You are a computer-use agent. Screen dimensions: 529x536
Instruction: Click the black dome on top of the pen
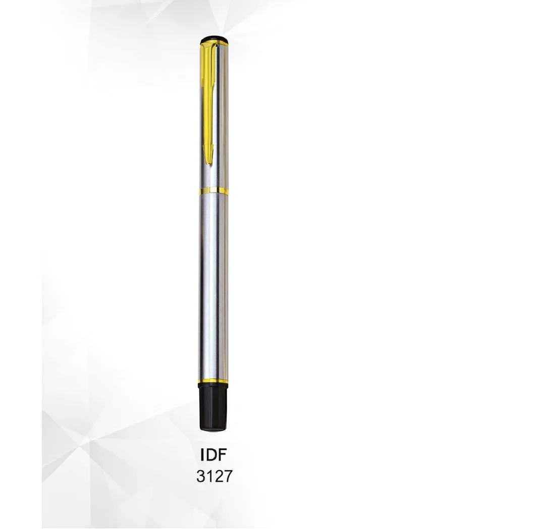click(214, 38)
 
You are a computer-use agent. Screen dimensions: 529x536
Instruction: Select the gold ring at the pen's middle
click(214, 191)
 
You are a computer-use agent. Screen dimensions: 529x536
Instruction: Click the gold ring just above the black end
click(215, 382)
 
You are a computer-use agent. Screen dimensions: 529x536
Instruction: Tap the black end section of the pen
click(215, 409)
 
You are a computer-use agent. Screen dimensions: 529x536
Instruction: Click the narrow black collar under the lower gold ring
click(215, 388)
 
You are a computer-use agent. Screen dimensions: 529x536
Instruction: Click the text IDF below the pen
click(215, 456)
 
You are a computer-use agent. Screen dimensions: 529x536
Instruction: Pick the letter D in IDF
click(212, 456)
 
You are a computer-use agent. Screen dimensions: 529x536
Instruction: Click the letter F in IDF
click(225, 456)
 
